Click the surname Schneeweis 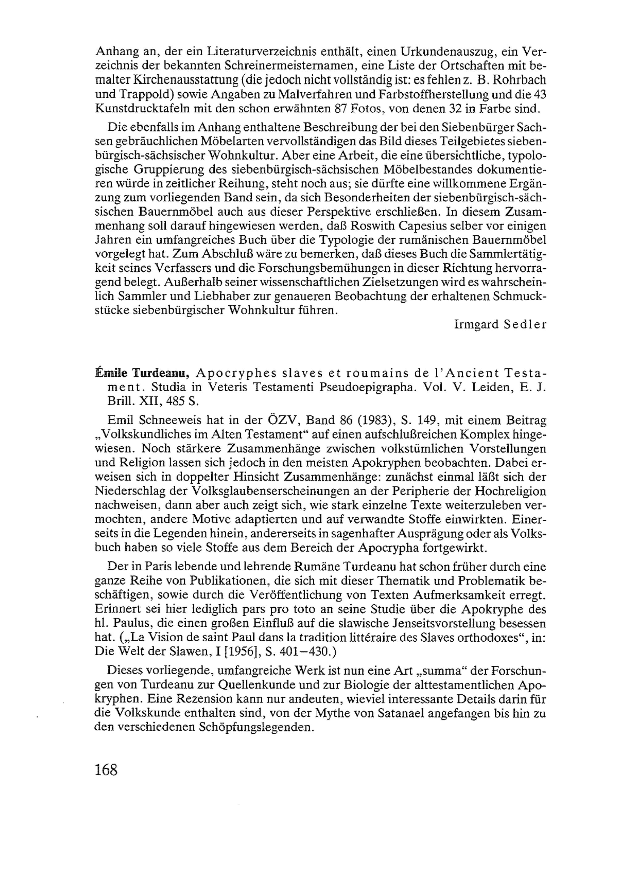tap(172, 421)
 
